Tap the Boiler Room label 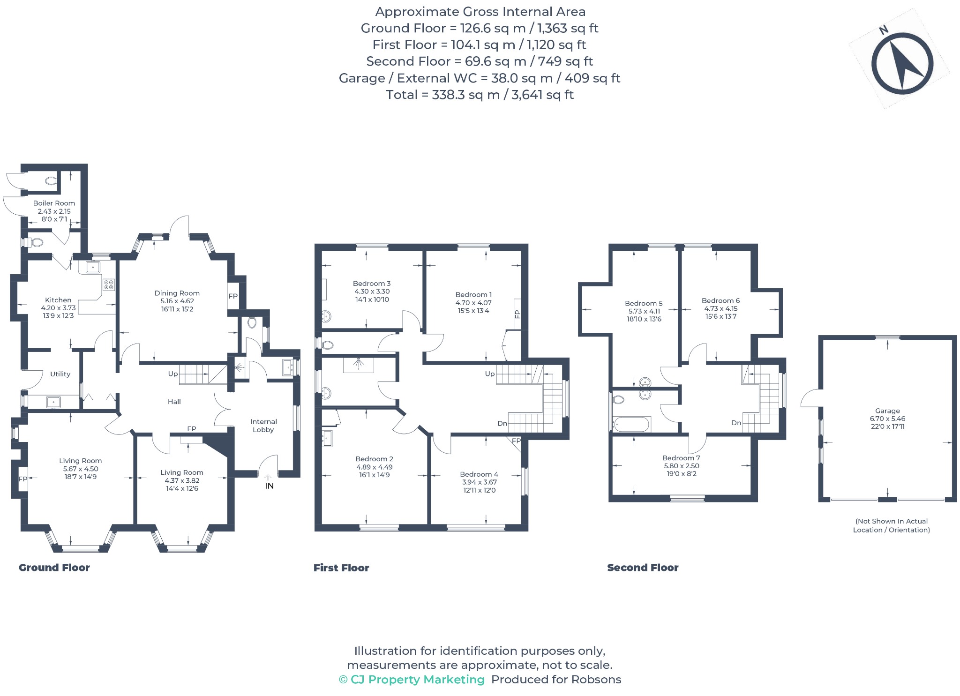point(54,203)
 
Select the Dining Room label point(177,293)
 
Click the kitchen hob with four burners point(109,284)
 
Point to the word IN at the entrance point(269,486)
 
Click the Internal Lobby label point(263,426)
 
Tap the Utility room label point(60,374)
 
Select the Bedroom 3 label point(372,284)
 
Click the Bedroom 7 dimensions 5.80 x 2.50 point(682,466)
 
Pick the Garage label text point(887,411)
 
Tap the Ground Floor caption point(54,568)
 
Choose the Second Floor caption point(643,568)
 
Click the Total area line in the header point(480,95)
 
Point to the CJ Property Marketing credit point(412,680)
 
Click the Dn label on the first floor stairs point(502,423)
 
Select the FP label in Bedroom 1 point(517,314)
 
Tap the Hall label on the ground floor point(174,402)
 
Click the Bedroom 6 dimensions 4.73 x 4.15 point(721,308)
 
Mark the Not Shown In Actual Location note point(892,525)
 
